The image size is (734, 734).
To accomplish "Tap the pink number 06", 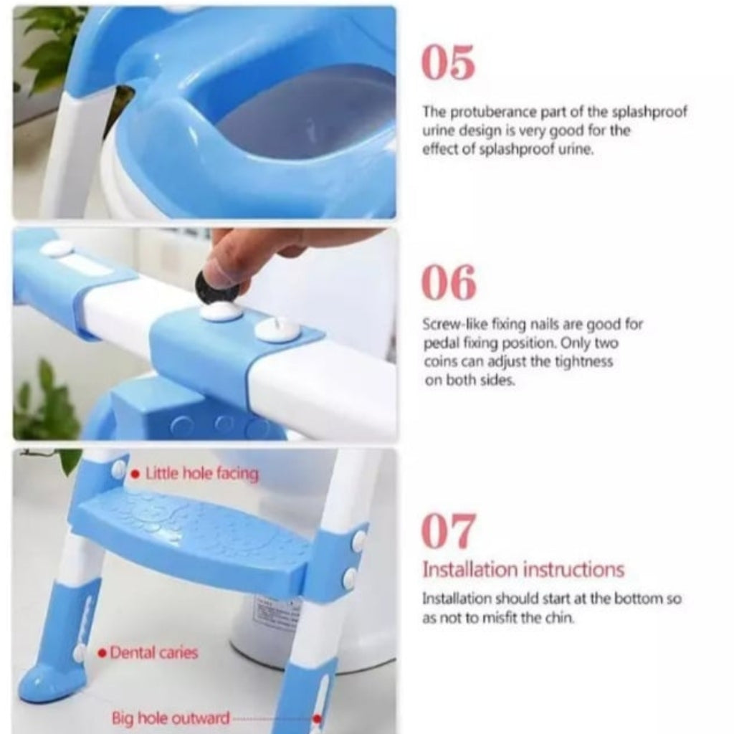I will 448,282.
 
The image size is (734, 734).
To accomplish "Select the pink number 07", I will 448,530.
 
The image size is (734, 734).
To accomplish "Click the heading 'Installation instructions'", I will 523,570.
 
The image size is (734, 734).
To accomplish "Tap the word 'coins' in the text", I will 439,362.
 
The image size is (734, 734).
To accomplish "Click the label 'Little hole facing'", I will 201,474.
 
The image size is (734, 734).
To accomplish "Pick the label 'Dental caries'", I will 153,653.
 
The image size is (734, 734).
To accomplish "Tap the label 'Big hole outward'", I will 171,718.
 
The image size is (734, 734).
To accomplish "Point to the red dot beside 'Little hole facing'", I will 135,475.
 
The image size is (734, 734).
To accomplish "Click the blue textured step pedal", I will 194,534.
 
